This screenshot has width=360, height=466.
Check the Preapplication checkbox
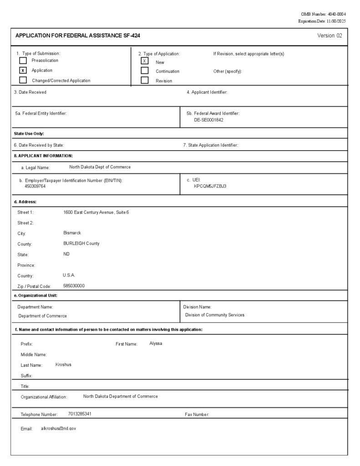(23, 61)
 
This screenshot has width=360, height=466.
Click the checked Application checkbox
(23, 71)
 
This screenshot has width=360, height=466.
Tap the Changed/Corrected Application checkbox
(23, 81)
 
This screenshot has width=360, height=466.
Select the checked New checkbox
(145, 61)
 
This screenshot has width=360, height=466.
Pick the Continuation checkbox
(145, 71)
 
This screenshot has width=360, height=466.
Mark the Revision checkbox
(145, 81)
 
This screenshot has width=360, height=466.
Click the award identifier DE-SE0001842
(208, 120)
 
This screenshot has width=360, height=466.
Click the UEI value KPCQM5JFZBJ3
(210, 186)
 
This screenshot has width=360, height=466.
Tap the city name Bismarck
(72, 233)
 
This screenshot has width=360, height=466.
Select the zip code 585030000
(74, 286)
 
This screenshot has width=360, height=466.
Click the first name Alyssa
(156, 344)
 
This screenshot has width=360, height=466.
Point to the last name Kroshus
(63, 365)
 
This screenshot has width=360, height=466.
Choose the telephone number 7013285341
(80, 414)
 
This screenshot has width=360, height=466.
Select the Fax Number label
(197, 415)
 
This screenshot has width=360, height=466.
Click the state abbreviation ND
(67, 254)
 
